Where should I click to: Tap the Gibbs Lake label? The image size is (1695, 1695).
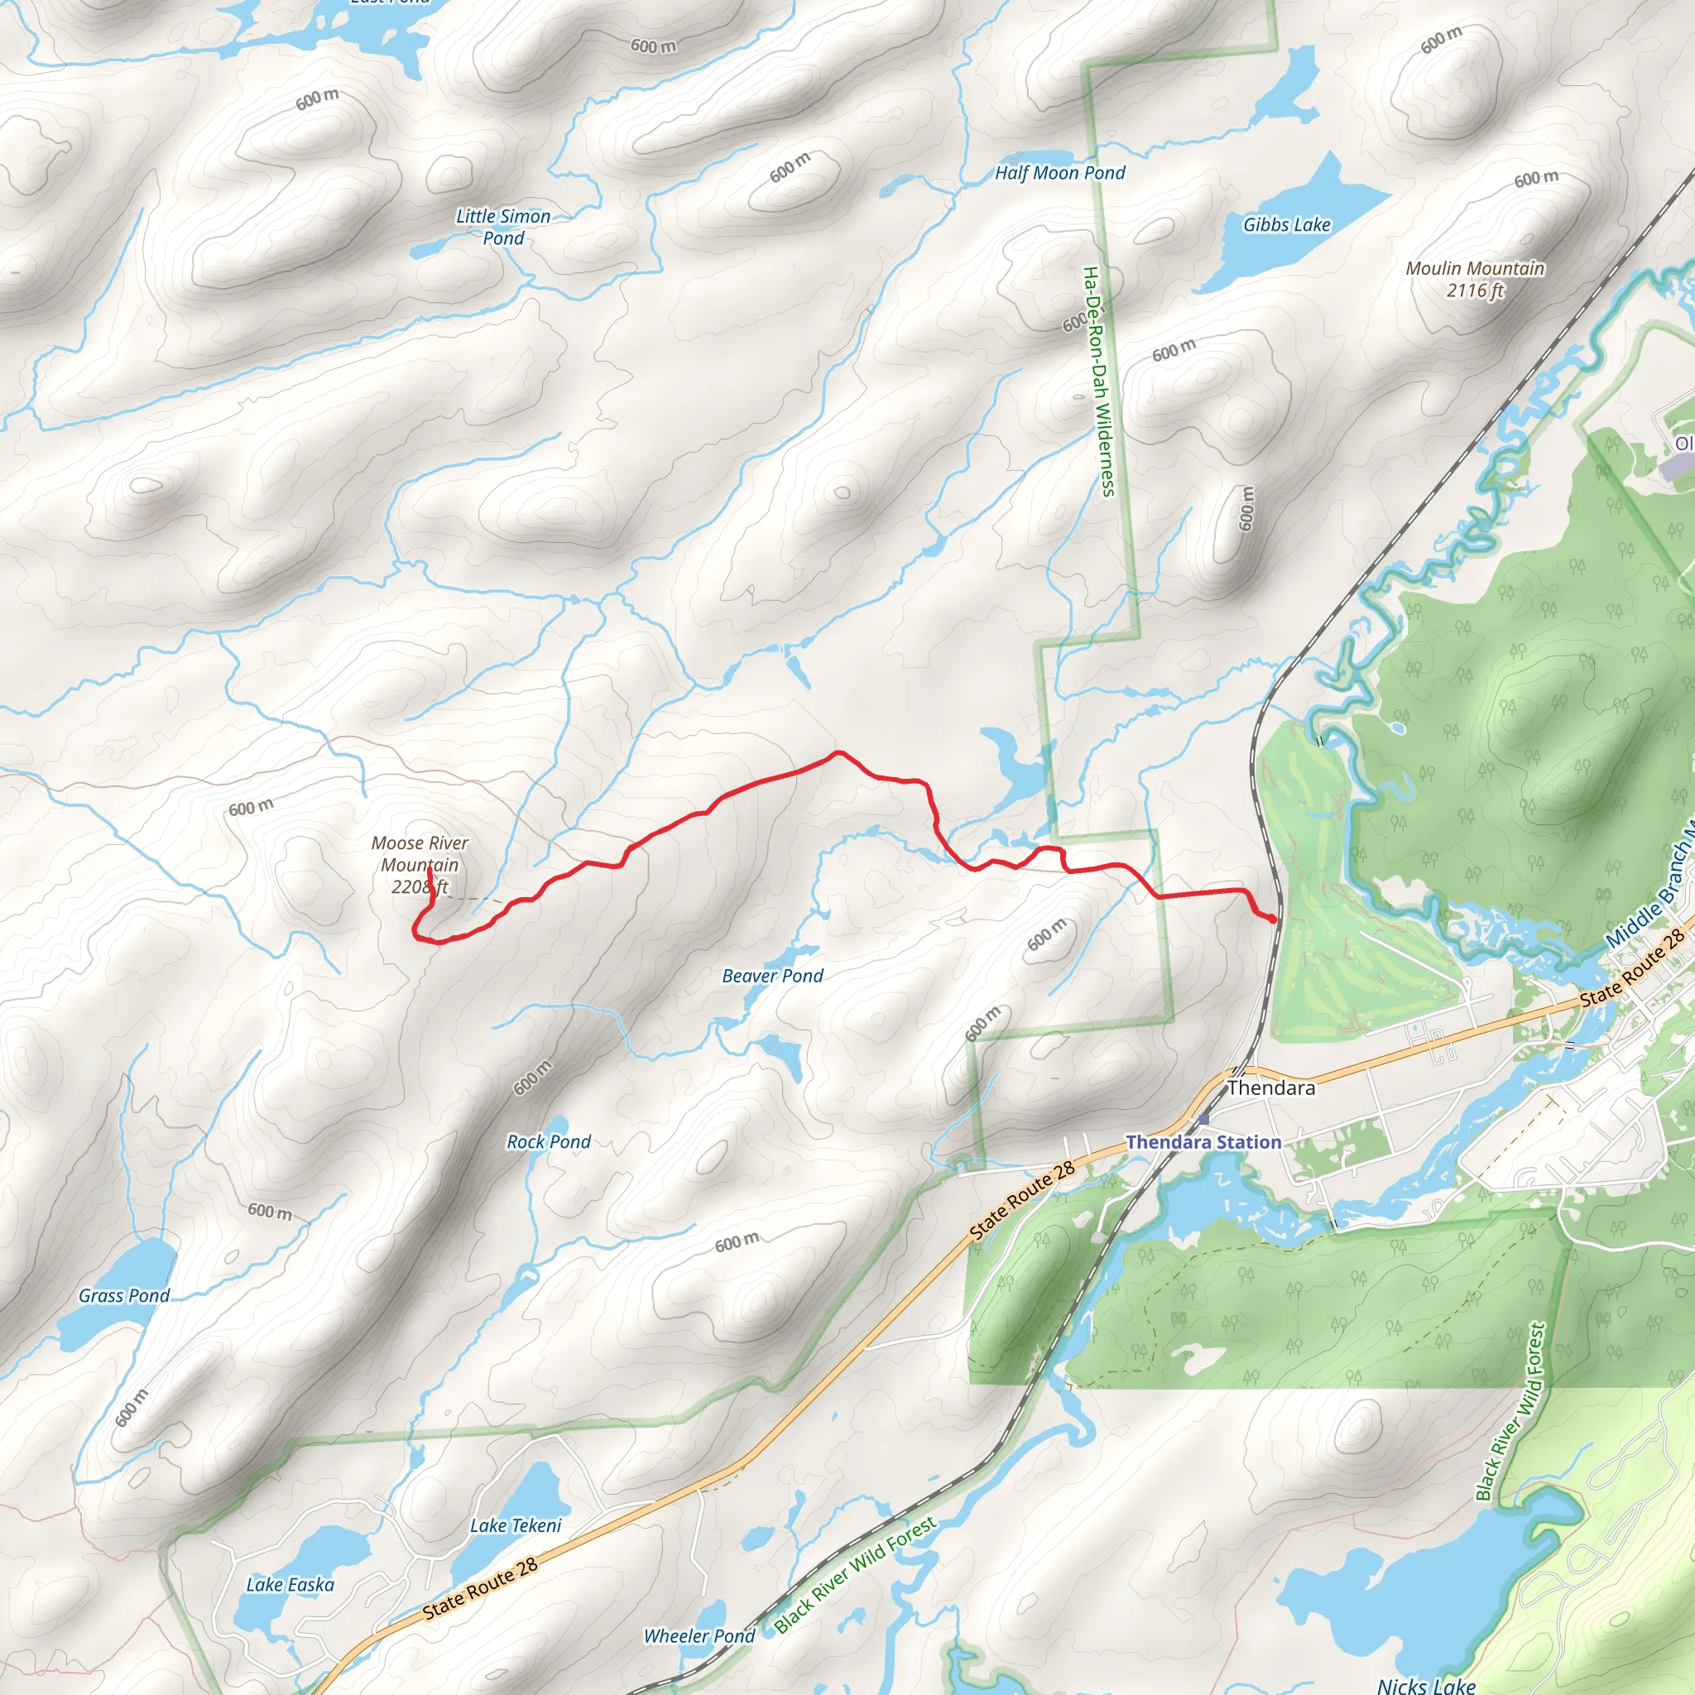1286,225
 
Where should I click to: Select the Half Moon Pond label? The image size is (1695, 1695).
1060,173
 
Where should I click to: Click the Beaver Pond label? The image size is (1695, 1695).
772,976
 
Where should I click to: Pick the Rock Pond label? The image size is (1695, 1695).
549,1141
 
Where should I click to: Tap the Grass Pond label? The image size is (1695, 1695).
123,1295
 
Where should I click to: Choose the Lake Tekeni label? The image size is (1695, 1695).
515,1525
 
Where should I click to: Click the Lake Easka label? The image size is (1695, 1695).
290,1584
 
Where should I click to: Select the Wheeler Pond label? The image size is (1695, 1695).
699,1635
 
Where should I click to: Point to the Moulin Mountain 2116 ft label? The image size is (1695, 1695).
1475,279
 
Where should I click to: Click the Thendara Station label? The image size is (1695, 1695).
1203,1142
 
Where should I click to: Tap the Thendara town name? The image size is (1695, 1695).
1271,1088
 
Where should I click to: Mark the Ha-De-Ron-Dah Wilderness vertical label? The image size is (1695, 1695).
1098,382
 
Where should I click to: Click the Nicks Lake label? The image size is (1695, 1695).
1426,1684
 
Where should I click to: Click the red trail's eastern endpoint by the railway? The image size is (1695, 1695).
1272,919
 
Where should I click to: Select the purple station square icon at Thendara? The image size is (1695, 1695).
1203,1120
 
